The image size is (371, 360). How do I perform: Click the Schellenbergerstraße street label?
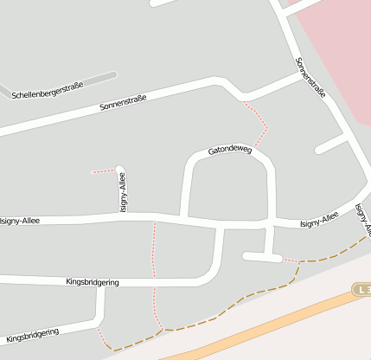pyautogui.click(x=48, y=90)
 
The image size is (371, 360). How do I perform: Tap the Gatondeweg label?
pyautogui.click(x=229, y=151)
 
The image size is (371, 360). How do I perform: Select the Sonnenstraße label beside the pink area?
pyautogui.click(x=310, y=77)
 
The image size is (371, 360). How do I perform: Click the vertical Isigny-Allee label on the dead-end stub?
pyautogui.click(x=122, y=192)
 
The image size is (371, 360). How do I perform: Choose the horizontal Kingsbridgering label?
pyautogui.click(x=93, y=282)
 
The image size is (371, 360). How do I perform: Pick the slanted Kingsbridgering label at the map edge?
pyautogui.click(x=32, y=334)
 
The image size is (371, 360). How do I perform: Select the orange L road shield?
pyautogui.click(x=361, y=289)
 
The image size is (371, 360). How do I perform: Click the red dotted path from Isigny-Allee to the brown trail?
pyautogui.click(x=154, y=268)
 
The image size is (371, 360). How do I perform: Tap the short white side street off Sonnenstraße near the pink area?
pyautogui.click(x=331, y=145)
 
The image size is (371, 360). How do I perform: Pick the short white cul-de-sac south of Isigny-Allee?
pyautogui.click(x=261, y=257)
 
